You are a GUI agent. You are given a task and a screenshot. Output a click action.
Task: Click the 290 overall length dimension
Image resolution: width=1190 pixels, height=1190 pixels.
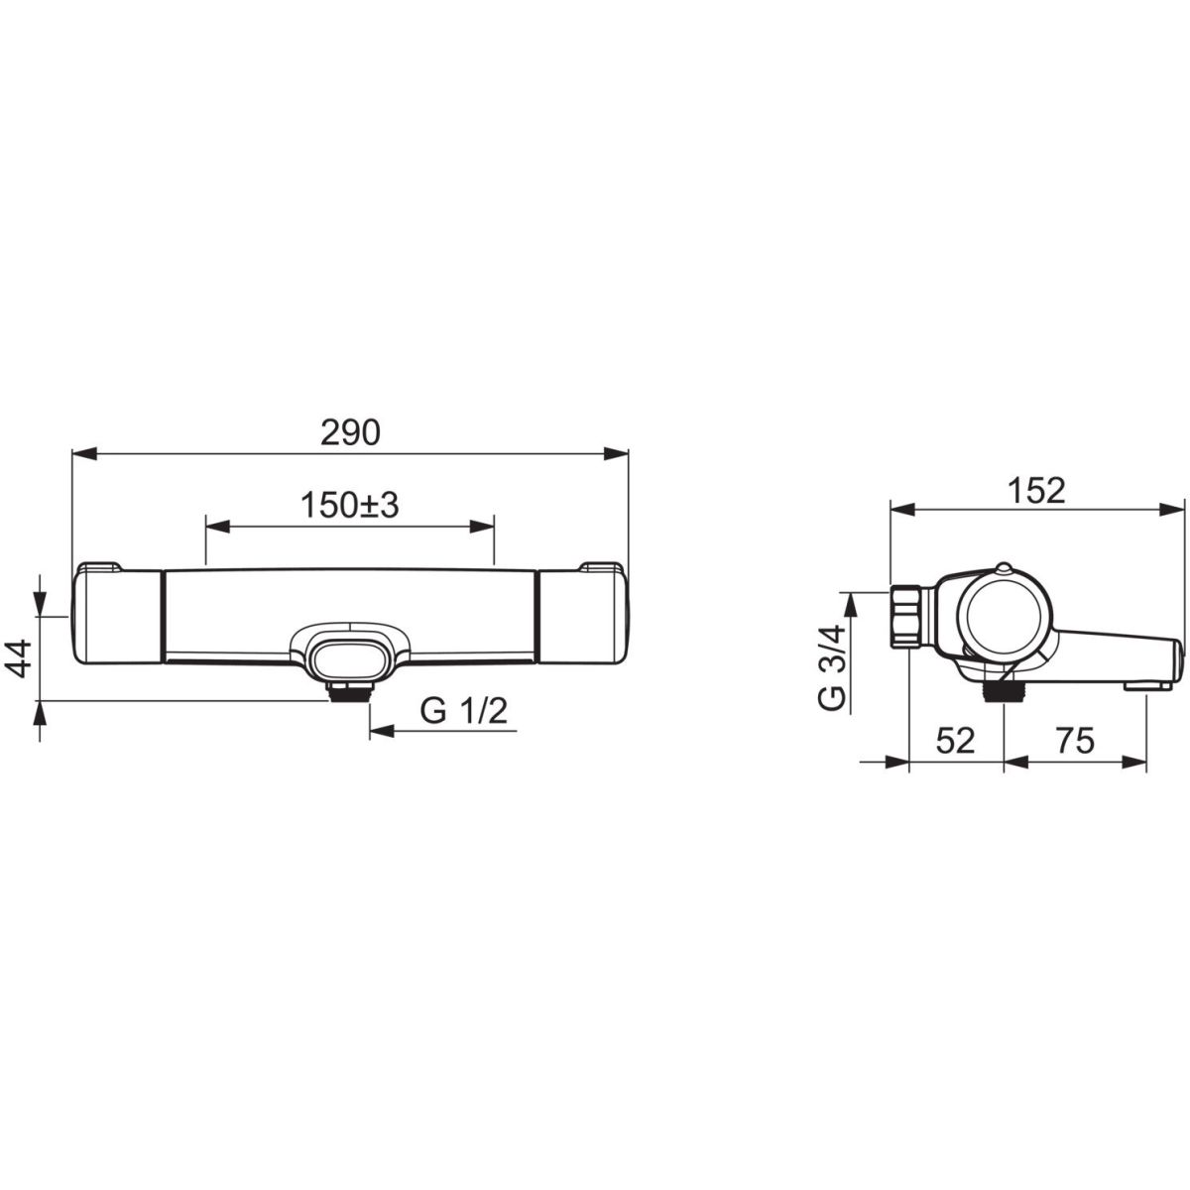(x=350, y=433)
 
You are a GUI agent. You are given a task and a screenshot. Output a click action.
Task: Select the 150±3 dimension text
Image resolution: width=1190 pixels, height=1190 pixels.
(x=350, y=506)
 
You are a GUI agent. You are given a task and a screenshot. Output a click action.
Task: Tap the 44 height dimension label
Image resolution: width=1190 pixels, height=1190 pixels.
(x=21, y=658)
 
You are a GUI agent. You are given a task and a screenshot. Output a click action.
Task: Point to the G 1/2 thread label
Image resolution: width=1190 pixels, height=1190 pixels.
(x=464, y=712)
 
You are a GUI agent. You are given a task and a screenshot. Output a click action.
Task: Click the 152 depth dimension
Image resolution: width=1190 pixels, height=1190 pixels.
(x=1037, y=492)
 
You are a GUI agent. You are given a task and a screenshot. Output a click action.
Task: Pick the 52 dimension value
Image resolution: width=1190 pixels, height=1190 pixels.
(x=955, y=741)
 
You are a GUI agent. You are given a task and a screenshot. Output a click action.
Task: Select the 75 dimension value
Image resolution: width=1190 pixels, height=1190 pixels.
(x=1075, y=741)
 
